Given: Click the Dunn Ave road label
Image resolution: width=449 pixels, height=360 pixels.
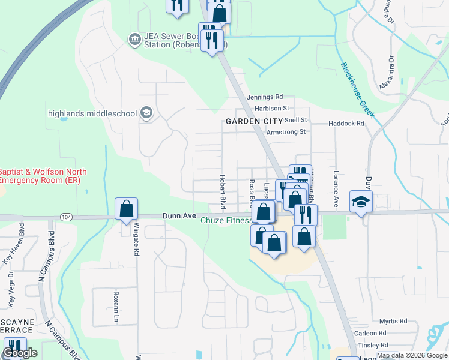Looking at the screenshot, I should [x=179, y=216].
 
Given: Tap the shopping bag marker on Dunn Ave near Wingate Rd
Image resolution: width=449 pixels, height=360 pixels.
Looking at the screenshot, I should [x=126, y=209].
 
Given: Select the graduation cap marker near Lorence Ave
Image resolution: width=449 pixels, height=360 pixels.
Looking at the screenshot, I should [x=361, y=202].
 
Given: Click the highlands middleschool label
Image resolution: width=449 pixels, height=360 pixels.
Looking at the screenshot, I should [x=92, y=113].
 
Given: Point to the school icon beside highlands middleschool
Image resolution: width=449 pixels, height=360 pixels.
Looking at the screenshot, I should [x=146, y=112].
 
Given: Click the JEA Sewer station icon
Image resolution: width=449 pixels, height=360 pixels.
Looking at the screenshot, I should [x=134, y=40].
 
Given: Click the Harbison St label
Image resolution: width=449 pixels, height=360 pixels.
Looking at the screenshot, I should [x=272, y=109].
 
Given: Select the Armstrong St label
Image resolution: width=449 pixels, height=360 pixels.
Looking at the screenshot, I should [x=286, y=132].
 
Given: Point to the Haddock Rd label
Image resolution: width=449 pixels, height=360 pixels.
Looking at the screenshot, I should [x=346, y=124].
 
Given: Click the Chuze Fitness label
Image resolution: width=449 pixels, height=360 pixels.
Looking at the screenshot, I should [x=226, y=221].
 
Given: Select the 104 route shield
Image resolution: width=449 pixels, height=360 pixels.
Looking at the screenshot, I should [x=65, y=216].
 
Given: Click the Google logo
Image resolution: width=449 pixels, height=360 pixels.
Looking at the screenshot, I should [x=20, y=353].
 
